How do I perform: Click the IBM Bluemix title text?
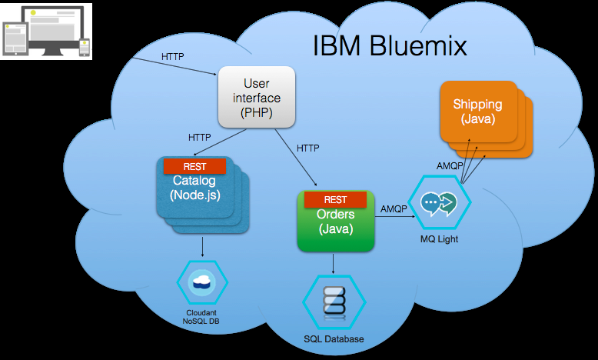tap(390, 46)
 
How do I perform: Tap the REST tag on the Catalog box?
tap(194, 166)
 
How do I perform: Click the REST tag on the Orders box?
tap(335, 200)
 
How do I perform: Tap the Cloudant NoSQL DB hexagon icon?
tap(202, 283)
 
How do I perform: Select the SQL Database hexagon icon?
tap(334, 301)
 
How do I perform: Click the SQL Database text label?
tap(334, 339)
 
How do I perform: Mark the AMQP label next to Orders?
tap(394, 208)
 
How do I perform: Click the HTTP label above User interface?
tap(172, 56)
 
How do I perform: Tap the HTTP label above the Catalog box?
tap(199, 138)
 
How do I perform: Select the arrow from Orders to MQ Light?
tap(396, 218)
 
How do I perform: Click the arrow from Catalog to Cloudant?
tap(202, 245)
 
